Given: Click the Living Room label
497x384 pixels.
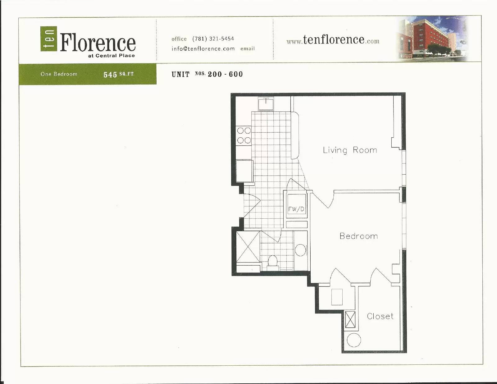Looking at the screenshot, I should [350, 150].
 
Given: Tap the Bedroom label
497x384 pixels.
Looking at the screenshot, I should [358, 236].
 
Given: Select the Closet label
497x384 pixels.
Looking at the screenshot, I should [380, 316].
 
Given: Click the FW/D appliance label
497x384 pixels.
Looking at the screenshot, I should [296, 209].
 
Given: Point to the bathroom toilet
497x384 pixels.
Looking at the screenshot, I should [273, 261].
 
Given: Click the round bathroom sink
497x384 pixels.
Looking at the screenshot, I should [300, 250].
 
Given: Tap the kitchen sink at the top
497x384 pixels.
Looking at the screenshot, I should [266, 104].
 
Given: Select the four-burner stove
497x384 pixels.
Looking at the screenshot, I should [244, 135].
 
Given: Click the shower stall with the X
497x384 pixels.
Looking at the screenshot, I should [248, 247].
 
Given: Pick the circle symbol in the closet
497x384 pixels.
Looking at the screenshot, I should [353, 340].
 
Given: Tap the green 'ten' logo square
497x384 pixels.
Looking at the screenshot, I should [49, 39].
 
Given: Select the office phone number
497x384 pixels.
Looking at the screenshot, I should [213, 39].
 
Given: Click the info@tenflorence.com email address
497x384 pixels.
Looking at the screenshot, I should [203, 49].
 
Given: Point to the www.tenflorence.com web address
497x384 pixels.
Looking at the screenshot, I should [333, 40].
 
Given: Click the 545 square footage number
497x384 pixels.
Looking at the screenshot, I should [110, 75].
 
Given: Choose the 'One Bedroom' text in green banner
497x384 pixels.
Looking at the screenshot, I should [59, 74].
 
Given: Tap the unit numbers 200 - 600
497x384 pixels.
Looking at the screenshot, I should [225, 74].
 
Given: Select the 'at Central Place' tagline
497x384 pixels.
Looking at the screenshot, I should [112, 56].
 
